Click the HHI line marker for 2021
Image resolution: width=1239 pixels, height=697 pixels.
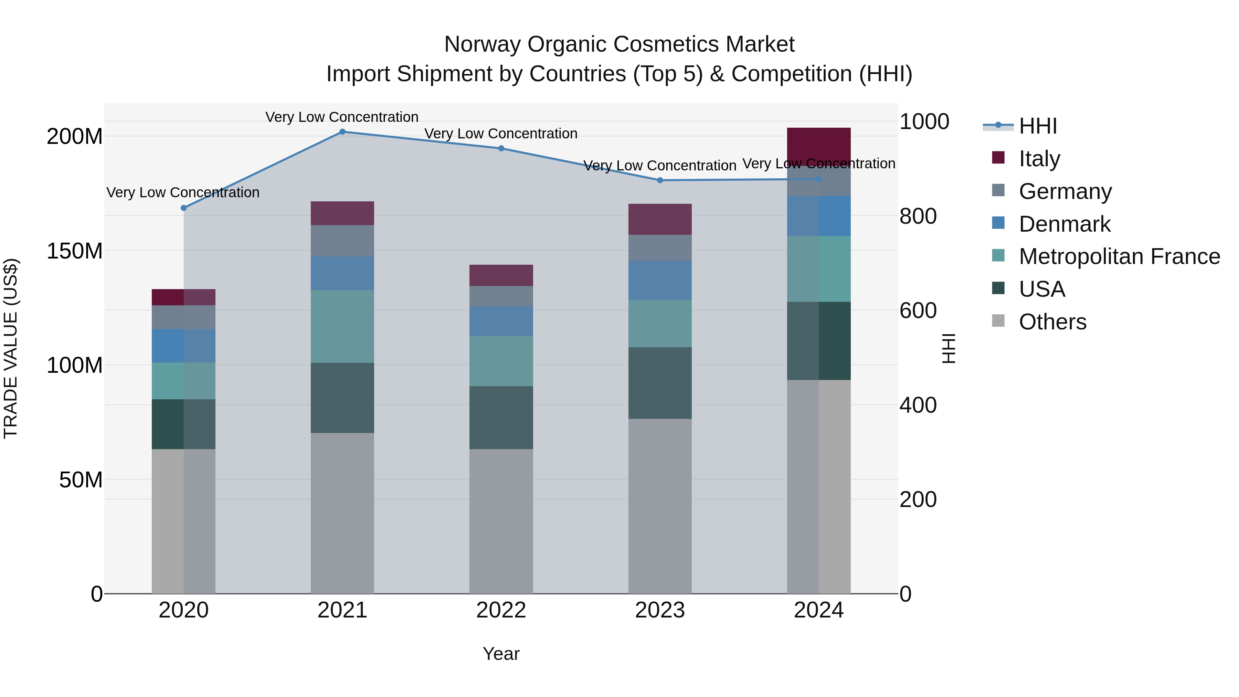point(342,132)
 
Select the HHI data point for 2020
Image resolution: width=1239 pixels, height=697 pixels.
point(183,208)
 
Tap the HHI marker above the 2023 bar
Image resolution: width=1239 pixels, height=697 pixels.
point(660,180)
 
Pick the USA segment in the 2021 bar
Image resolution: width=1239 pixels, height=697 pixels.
point(342,398)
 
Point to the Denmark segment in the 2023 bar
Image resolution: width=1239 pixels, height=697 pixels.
point(660,281)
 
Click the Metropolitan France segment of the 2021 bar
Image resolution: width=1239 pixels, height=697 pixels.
point(342,326)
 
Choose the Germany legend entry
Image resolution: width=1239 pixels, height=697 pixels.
point(1065,191)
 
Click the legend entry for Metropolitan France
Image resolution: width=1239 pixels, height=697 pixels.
point(1119,257)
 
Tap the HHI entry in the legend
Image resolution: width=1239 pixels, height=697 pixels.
point(1037,126)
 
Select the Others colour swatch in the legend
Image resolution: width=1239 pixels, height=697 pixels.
point(998,321)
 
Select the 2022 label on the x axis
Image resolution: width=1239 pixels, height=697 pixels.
point(501,610)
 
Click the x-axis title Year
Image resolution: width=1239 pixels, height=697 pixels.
point(501,654)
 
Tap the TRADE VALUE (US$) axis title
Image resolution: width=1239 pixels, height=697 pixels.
point(11,348)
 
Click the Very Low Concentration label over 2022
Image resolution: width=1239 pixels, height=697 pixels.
point(501,134)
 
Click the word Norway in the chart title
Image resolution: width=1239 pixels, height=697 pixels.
point(483,44)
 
